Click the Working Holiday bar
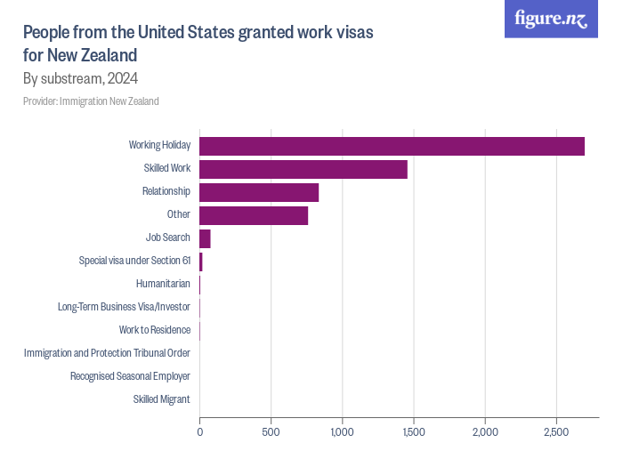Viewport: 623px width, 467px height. click(x=392, y=146)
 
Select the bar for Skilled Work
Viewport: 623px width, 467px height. click(x=303, y=169)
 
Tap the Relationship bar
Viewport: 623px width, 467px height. click(x=259, y=192)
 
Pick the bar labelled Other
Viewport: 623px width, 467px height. click(x=254, y=215)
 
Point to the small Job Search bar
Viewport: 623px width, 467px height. click(x=205, y=238)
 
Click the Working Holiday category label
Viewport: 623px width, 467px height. click(x=159, y=145)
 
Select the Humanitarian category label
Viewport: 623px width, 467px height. click(x=163, y=284)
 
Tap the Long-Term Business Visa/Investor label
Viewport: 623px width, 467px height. click(x=124, y=307)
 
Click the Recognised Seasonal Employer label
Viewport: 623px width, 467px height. click(x=130, y=376)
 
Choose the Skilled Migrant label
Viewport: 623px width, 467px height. click(x=161, y=399)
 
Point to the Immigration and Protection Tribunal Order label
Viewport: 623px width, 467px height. click(x=107, y=353)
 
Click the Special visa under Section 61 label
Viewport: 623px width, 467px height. click(x=134, y=261)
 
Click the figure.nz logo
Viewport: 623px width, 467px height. click(x=552, y=19)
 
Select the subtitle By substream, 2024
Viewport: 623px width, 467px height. click(x=80, y=78)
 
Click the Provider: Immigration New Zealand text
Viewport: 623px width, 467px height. click(x=91, y=101)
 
